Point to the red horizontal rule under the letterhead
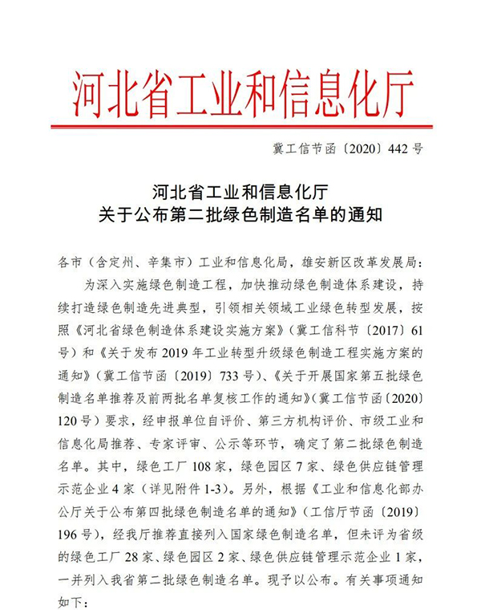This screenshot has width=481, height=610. pos(241,126)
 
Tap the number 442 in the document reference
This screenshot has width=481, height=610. pos(398,149)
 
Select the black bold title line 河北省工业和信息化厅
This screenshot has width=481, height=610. pos(240,193)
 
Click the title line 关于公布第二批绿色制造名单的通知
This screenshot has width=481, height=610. pos(240,214)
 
